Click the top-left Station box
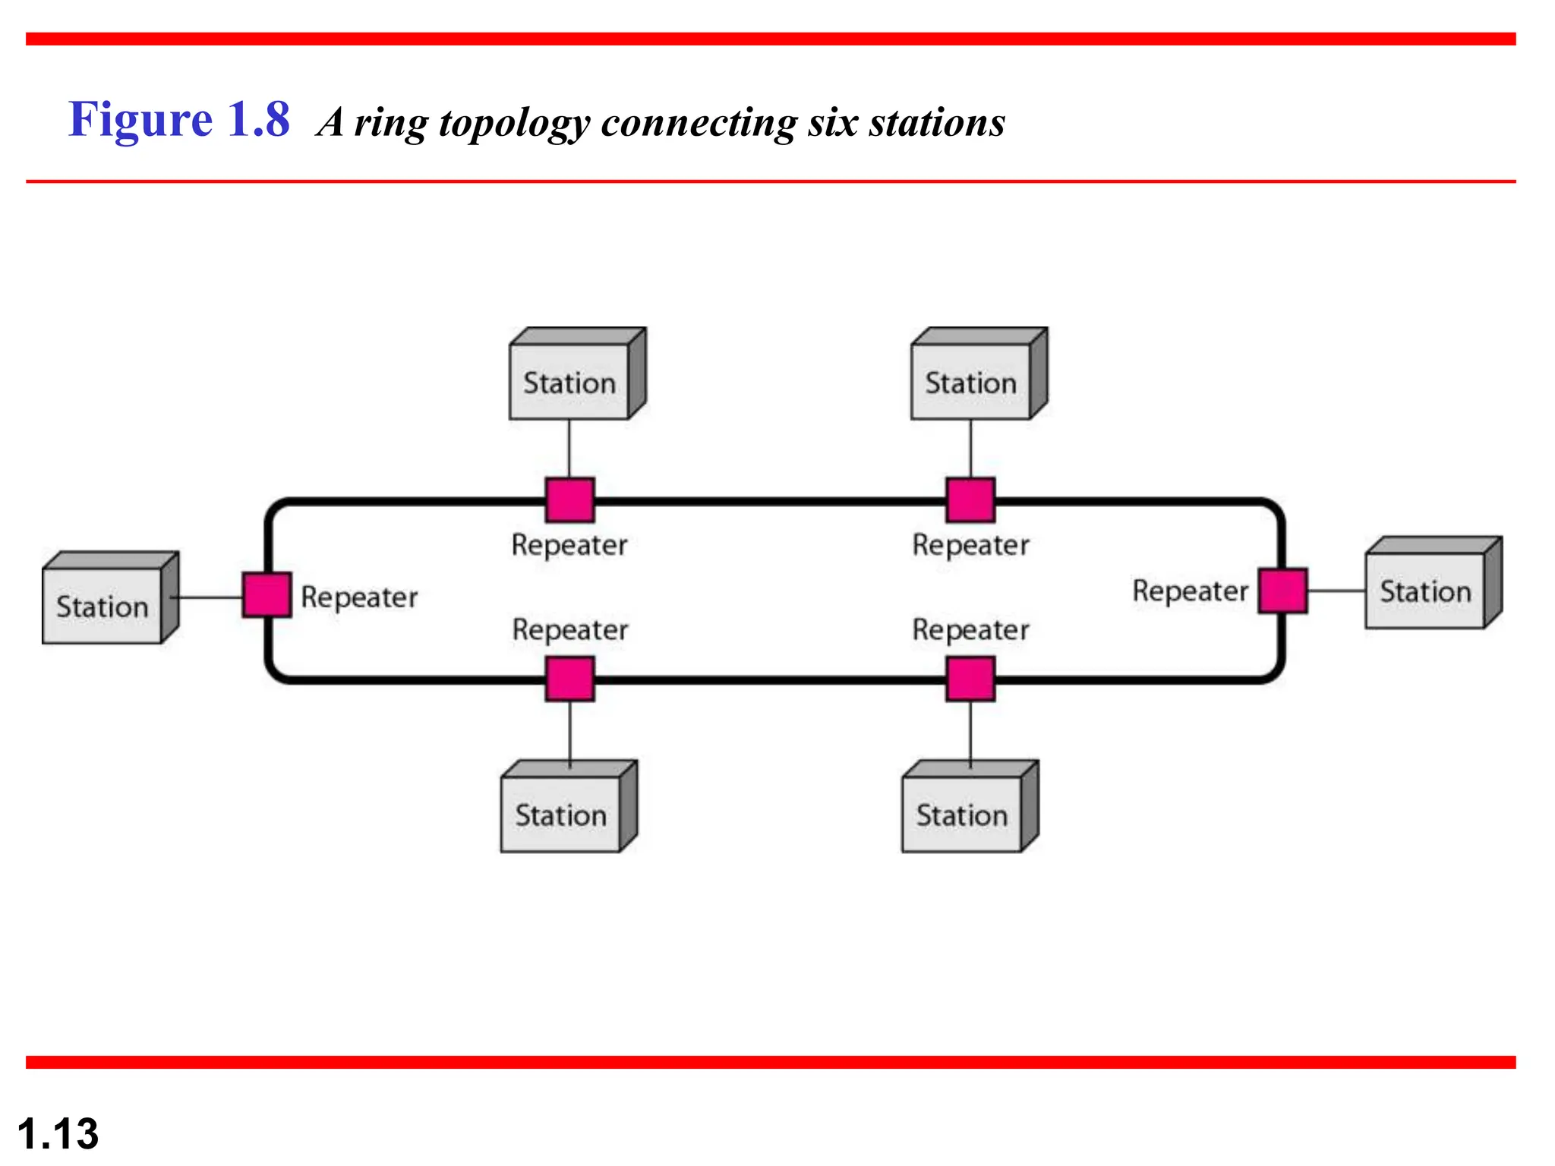click(x=569, y=381)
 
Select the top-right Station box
click(x=971, y=381)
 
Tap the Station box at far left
click(x=103, y=605)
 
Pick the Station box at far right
click(x=1425, y=590)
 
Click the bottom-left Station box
click(x=561, y=814)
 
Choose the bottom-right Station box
click(x=962, y=814)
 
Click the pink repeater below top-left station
click(x=569, y=499)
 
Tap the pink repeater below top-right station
click(x=970, y=499)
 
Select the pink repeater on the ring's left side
click(x=267, y=594)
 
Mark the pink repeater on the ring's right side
click(x=1282, y=590)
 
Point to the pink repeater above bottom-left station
click(x=569, y=679)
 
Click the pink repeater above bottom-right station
click(x=970, y=679)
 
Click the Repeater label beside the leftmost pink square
click(x=359, y=597)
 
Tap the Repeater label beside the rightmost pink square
click(x=1190, y=591)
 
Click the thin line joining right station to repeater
click(x=1336, y=591)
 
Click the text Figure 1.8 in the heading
click(x=179, y=119)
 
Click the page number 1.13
click(x=58, y=1133)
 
